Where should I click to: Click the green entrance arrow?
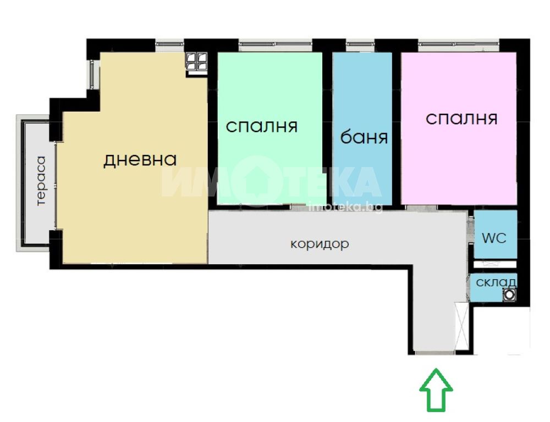[x=436, y=390]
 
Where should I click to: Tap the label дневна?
[x=140, y=160]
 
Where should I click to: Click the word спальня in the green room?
[x=262, y=126]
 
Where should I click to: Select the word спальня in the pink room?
[x=461, y=119]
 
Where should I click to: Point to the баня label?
[x=364, y=137]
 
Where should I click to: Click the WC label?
[x=494, y=238]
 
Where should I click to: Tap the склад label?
[x=496, y=282]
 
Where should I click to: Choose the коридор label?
[x=320, y=243]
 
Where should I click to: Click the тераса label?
[x=41, y=181]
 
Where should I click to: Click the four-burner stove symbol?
[x=196, y=62]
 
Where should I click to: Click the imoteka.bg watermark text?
[x=345, y=208]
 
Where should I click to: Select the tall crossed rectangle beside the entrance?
[x=461, y=326]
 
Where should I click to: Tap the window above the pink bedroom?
[x=459, y=45]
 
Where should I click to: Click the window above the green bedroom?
[x=276, y=45]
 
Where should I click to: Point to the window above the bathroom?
[x=360, y=45]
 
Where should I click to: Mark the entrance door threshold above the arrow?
[x=434, y=352]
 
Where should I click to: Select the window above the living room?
[x=170, y=45]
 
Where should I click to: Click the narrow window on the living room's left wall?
[x=92, y=74]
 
